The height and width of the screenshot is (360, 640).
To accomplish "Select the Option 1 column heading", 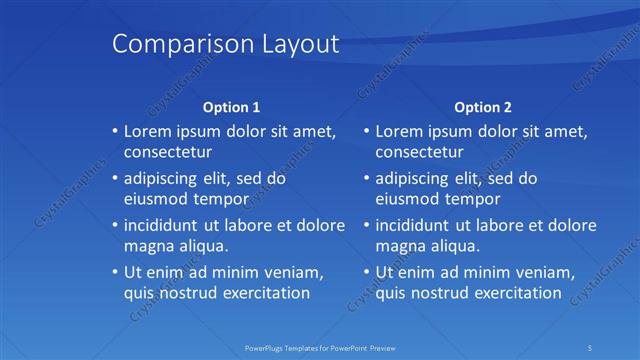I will click(x=232, y=106).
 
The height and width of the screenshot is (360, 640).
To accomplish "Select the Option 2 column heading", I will click(x=483, y=106).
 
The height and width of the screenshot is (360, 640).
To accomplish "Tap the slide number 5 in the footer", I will click(x=591, y=347).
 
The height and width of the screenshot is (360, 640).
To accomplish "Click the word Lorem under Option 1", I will click(x=148, y=131).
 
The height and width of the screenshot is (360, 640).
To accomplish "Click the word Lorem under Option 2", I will click(x=400, y=131).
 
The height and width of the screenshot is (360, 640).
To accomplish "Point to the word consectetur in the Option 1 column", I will click(x=168, y=153).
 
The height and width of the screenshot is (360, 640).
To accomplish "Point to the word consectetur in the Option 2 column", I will click(x=420, y=153).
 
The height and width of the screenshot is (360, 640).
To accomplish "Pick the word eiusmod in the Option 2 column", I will click(x=407, y=199).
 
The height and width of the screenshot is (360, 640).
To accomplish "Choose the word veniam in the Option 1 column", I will click(x=297, y=272).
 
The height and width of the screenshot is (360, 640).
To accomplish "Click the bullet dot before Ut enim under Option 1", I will click(x=115, y=272).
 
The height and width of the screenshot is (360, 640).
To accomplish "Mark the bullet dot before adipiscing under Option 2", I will click(x=367, y=178).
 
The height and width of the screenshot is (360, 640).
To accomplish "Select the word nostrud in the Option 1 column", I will click(x=189, y=293).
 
